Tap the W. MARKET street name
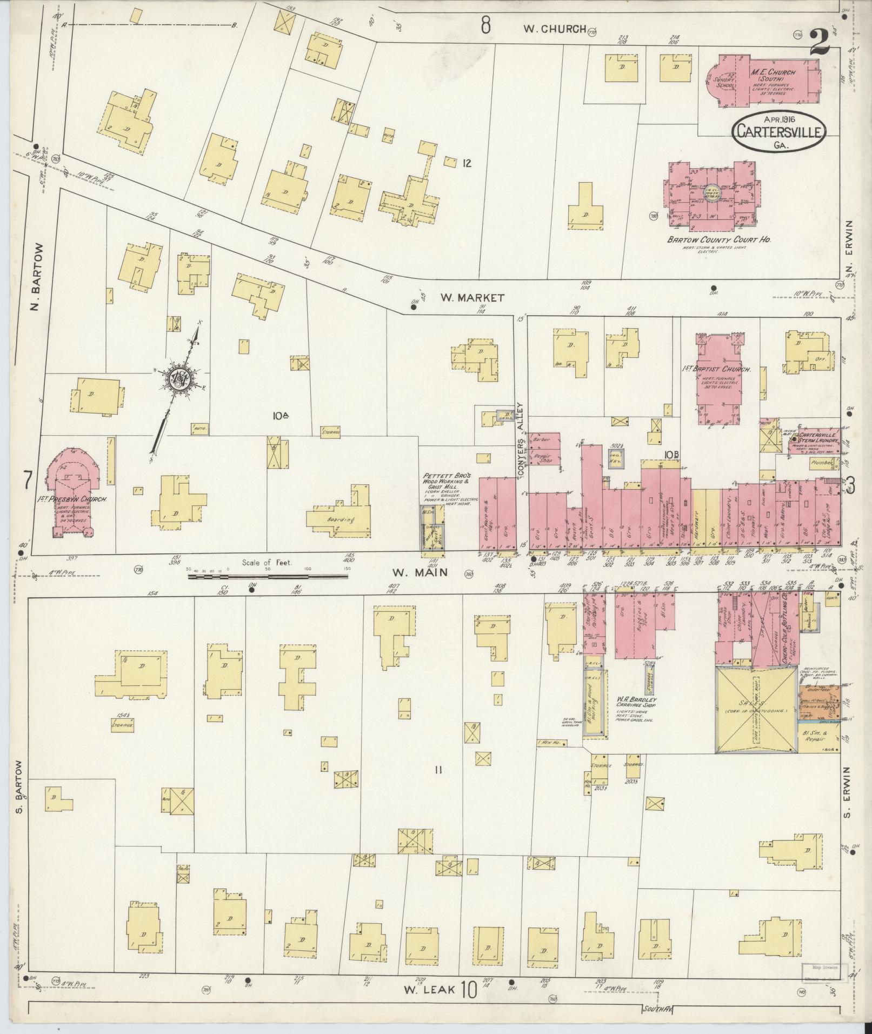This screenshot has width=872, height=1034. click(471, 297)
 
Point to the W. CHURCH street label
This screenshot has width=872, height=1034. click(554, 29)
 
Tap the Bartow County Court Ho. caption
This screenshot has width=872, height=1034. click(718, 239)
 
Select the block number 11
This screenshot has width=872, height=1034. click(438, 770)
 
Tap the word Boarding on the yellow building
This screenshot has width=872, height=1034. click(342, 520)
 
